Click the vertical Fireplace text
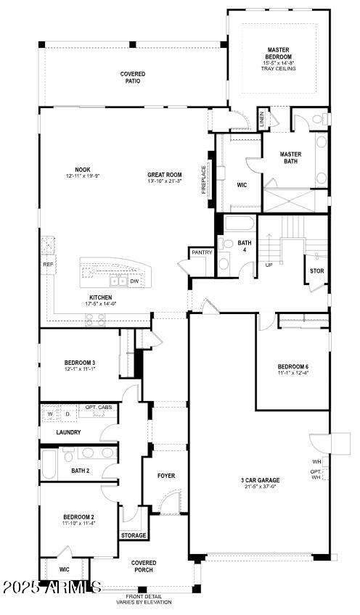coord(204,180)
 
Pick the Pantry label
coord(200,253)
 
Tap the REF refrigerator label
coord(48,265)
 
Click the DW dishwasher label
coord(134,281)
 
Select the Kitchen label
coord(100,297)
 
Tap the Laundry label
coord(68,432)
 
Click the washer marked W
coord(51,415)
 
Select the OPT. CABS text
coord(99,408)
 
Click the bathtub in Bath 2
coord(50,463)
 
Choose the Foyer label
coord(166,476)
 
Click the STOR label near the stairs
coord(316,271)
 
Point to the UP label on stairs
coord(269,265)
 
